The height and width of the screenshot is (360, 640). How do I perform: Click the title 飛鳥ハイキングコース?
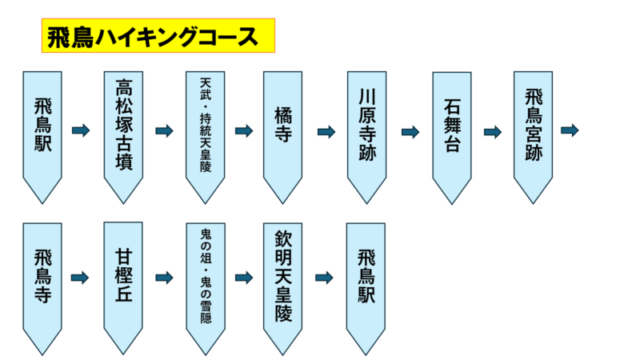[158, 36]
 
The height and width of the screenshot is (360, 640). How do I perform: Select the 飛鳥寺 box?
[42, 280]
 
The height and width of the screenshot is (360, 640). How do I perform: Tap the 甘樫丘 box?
[123, 280]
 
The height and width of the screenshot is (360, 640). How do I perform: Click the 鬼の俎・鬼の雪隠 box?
[205, 280]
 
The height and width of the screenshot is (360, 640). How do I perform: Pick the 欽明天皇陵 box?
[282, 280]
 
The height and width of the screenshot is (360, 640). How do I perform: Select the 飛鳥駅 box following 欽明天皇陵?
[366, 280]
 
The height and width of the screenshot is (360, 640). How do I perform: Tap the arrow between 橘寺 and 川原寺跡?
[326, 131]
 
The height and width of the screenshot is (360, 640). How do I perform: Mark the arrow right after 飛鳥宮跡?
[570, 130]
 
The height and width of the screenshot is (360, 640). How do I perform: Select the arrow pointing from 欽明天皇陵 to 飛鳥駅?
[324, 278]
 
